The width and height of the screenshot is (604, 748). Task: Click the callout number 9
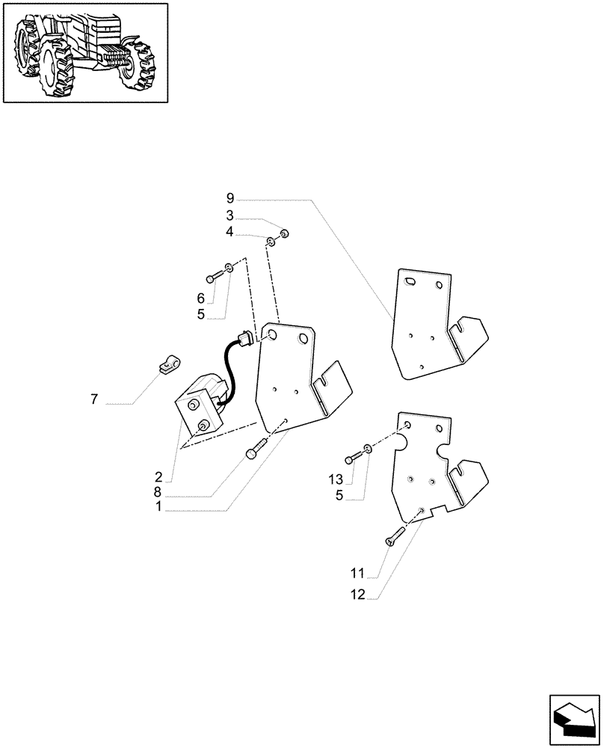[x=230, y=198]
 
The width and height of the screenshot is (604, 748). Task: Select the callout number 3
[x=230, y=216]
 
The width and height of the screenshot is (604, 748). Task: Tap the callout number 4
[x=230, y=233]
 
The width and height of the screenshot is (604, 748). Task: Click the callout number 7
[x=94, y=400]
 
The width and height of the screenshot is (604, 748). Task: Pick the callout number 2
[x=159, y=476]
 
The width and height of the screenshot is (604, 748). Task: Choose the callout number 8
[x=159, y=492]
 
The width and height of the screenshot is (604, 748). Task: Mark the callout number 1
[x=159, y=507]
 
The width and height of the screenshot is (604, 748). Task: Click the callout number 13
[x=335, y=479]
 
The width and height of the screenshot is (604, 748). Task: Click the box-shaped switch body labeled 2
[x=196, y=411]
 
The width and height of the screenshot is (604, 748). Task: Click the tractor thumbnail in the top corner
[x=84, y=52]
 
